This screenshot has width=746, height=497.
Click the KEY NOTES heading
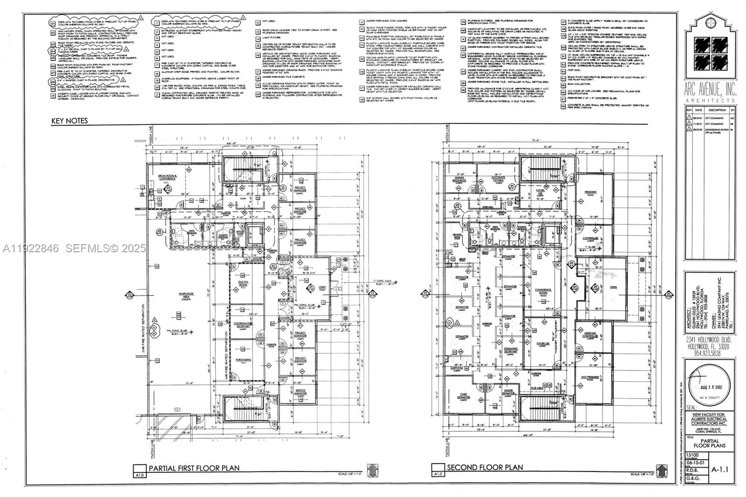pos(69,121)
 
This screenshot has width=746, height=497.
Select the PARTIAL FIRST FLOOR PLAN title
pos(193,468)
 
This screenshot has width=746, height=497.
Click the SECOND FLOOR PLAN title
pos(485,467)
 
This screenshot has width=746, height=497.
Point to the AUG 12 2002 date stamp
pos(711,387)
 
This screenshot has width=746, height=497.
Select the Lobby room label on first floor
pos(309,288)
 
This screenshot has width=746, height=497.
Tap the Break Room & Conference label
pos(166,177)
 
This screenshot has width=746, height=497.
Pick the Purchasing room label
pos(243,359)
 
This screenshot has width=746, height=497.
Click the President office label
pos(591,192)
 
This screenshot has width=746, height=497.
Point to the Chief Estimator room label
pos(463,395)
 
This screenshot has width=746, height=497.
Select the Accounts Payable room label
pos(498,179)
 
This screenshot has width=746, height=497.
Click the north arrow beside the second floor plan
pos(661,470)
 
